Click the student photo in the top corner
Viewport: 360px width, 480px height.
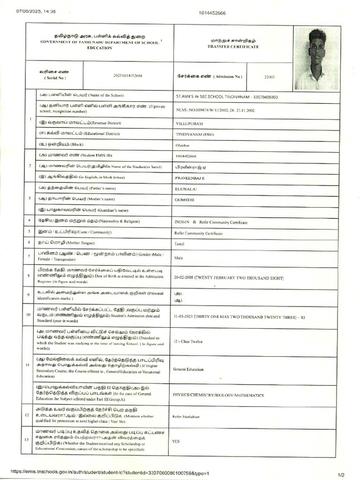coord(316,59)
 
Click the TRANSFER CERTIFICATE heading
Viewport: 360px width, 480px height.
coord(233,47)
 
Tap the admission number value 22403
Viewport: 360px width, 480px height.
coord(270,76)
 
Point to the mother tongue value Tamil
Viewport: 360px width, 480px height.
coord(180,244)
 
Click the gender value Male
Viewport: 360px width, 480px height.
coord(179,258)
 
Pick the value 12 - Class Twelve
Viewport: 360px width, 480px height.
coord(188,342)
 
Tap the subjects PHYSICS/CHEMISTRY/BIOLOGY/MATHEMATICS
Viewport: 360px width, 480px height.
coord(218,396)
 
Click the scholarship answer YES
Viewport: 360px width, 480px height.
coord(176,442)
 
